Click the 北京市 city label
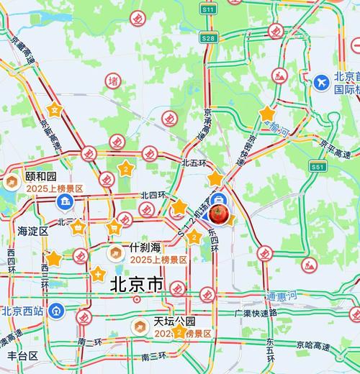pyautogui.click(x=137, y=285)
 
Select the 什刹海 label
pyautogui.click(x=144, y=247)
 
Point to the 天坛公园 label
pyautogui.click(x=175, y=321)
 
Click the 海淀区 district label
pyautogui.click(x=32, y=231)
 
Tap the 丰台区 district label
pyautogui.click(x=22, y=356)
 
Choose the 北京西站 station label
pyautogui.click(x=22, y=311)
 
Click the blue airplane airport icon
pyautogui.click(x=322, y=82)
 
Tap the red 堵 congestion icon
pyautogui.click(x=113, y=80)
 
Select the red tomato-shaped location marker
pyautogui.click(x=220, y=214)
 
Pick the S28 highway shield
pyautogui.click(x=208, y=37)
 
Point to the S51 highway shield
pyautogui.click(x=318, y=166)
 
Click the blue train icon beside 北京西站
pyautogui.click(x=60, y=311)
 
